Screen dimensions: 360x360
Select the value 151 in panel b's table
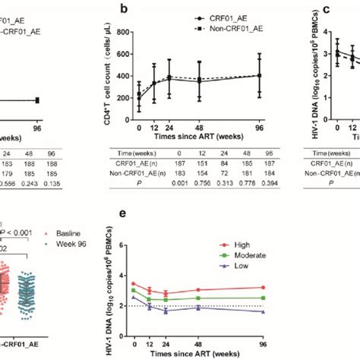pos(182,161)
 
